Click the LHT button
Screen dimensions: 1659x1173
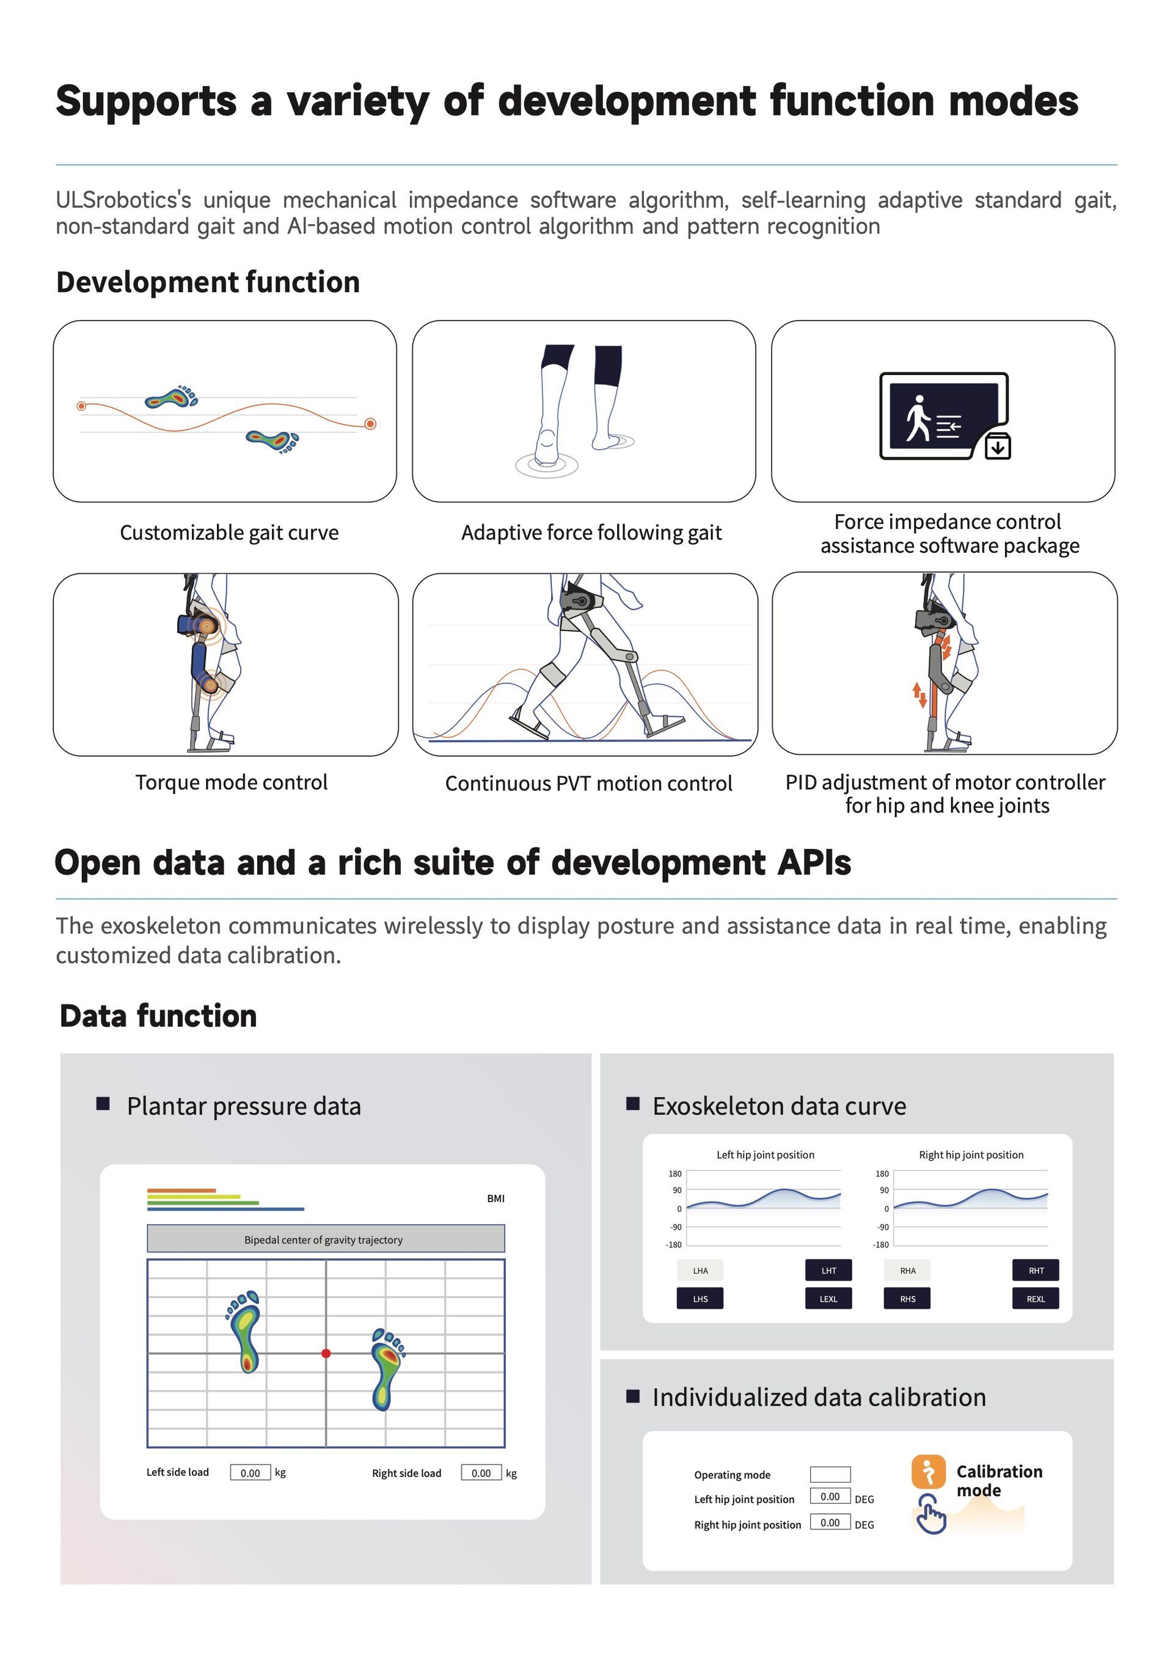click(x=828, y=1271)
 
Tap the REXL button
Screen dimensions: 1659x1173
click(x=1035, y=1299)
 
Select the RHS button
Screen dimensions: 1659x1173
click(x=907, y=1299)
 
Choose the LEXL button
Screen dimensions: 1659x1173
click(x=828, y=1299)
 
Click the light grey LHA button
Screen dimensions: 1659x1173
click(x=700, y=1271)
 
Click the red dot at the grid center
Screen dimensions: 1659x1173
click(x=326, y=1354)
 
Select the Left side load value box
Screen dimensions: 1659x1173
click(x=250, y=1473)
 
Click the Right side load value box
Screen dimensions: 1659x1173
click(x=481, y=1473)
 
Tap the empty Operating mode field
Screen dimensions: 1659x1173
click(x=830, y=1474)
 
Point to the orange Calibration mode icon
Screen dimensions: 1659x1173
click(x=928, y=1471)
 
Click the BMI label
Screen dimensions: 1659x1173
click(x=496, y=1198)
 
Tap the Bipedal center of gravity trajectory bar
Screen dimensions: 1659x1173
click(x=325, y=1239)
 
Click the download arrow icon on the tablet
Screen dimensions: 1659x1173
click(x=998, y=447)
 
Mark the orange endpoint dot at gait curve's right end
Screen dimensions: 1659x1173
click(x=370, y=424)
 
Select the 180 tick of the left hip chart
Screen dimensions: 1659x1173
click(x=675, y=1173)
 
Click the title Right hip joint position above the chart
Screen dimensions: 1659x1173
click(x=971, y=1154)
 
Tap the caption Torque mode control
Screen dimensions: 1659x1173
click(x=232, y=782)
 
